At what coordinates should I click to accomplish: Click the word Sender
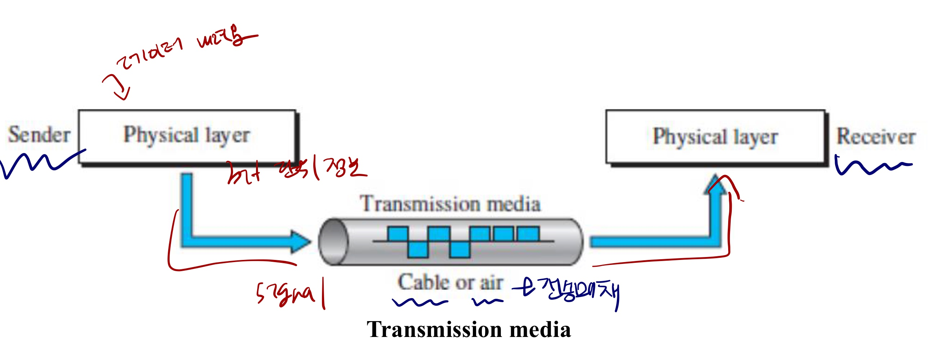(39, 135)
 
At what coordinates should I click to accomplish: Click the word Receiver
(876, 137)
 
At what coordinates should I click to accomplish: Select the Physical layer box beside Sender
(187, 136)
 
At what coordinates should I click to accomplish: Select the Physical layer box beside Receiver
(715, 137)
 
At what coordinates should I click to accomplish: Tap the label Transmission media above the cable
(450, 204)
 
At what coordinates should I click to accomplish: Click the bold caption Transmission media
(469, 330)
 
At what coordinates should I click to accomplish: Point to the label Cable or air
(451, 282)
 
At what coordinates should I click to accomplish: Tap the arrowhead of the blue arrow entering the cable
(300, 241)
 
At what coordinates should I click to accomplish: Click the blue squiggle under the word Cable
(420, 302)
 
